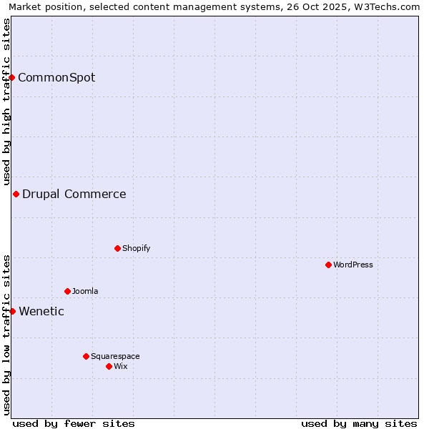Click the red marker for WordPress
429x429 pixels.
pos(328,265)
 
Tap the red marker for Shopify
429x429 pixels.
pos(117,248)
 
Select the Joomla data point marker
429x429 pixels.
pos(67,291)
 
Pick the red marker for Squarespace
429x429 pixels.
pos(86,356)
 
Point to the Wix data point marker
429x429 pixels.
pos(109,366)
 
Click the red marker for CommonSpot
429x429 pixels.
pos(12,77)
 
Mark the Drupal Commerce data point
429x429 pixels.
pos(16,194)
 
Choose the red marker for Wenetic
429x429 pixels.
pos(12,311)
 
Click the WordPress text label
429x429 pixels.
pos(353,265)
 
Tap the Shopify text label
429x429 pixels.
pos(136,248)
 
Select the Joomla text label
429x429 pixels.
pos(85,291)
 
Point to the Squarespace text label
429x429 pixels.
pos(115,356)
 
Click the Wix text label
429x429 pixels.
pos(120,366)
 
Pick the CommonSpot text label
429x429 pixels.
pos(56,77)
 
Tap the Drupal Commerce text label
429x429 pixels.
pos(74,194)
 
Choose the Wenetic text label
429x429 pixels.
pos(41,311)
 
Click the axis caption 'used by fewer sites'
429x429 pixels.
pos(74,423)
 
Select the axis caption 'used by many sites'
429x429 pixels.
pos(359,423)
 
